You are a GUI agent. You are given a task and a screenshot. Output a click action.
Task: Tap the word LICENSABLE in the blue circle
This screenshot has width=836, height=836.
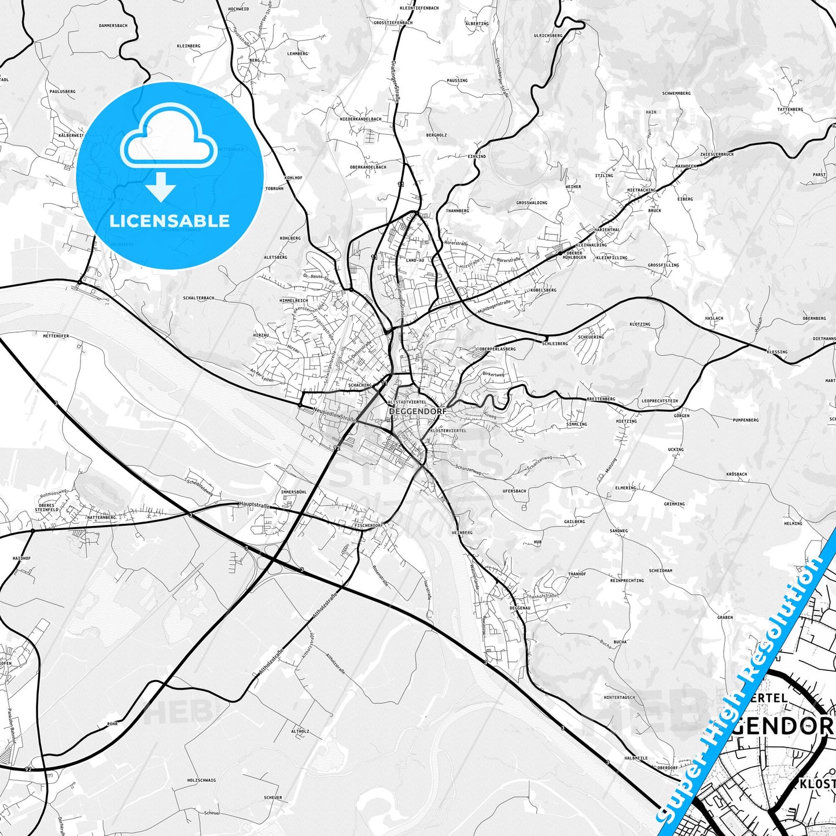coord(170,220)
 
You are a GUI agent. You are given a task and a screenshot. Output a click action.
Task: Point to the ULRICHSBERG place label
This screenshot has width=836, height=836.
coord(548,35)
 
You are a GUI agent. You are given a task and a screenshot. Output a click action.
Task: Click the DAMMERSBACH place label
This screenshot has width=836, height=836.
coord(113,26)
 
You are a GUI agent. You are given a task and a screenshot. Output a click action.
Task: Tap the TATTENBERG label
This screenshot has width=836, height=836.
coord(790,109)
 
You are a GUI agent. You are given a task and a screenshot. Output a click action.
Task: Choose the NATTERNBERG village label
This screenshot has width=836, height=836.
coord(101,517)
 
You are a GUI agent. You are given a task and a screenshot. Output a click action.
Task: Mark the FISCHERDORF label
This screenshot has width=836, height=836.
coord(368,525)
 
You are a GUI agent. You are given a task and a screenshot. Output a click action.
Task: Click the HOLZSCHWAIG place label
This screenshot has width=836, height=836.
coord(201,780)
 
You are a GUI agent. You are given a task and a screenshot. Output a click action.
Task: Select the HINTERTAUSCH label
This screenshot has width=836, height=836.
coord(619,697)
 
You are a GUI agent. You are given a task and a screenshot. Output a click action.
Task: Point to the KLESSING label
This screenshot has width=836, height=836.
coord(777,352)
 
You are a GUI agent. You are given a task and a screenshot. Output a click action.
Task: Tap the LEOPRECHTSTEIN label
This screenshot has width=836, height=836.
coord(660,401)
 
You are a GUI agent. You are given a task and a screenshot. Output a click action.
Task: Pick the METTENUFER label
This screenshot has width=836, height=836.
coord(56,336)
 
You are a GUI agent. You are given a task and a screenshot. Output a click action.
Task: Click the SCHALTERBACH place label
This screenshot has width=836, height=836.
coord(198,298)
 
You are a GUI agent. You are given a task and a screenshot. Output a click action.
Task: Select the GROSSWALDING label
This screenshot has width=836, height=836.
coord(531,203)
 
